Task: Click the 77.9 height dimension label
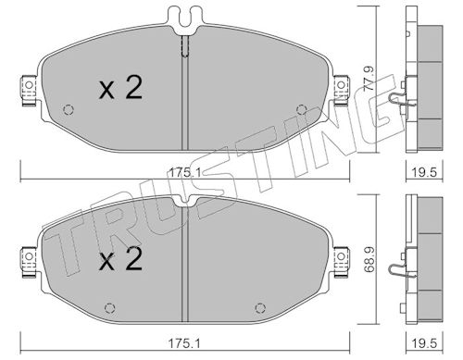tap(369, 79)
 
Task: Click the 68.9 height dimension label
tap(369, 259)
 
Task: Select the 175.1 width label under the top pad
tap(184, 172)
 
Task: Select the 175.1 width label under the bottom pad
tap(184, 343)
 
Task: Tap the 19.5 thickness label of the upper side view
tap(424, 172)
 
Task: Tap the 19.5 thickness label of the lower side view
tap(424, 343)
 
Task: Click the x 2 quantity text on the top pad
tap(120, 88)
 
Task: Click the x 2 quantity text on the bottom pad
tap(120, 259)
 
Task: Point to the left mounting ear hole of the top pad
tap(29, 85)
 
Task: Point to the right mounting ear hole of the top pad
tap(341, 85)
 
